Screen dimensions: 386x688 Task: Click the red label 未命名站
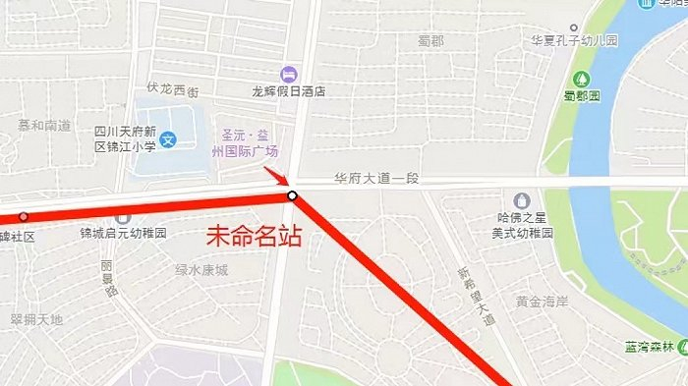click(x=253, y=237)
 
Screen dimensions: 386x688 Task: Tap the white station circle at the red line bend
click(x=292, y=196)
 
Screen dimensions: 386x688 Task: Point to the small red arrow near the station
click(x=276, y=178)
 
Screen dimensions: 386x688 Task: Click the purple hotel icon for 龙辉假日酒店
click(x=288, y=74)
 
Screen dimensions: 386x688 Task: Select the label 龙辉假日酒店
click(x=289, y=91)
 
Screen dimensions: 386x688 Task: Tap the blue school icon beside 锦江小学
click(x=169, y=140)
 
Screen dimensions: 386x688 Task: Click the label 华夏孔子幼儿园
click(x=574, y=40)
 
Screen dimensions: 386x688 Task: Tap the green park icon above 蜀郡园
click(x=581, y=79)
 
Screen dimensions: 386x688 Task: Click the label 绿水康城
click(x=201, y=269)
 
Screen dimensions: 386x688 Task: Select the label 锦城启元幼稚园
click(x=124, y=234)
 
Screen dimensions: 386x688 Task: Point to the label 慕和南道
click(x=44, y=126)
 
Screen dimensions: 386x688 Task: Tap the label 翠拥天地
click(x=36, y=319)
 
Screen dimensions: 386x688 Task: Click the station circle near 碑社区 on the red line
click(x=24, y=217)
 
